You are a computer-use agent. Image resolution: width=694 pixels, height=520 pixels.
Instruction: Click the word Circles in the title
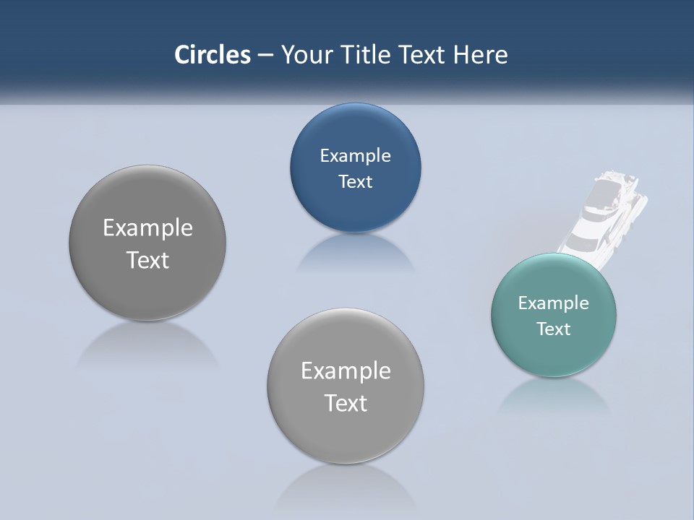tap(213, 55)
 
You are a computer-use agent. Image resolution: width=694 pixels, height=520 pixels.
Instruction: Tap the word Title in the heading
tap(368, 55)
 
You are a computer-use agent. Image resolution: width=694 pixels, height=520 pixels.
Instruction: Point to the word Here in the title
tap(480, 55)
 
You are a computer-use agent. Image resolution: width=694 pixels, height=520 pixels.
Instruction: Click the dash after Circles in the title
tap(265, 56)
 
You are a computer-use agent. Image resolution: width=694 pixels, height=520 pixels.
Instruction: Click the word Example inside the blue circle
tap(355, 155)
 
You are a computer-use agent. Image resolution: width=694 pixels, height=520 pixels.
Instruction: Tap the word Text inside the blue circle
tap(355, 181)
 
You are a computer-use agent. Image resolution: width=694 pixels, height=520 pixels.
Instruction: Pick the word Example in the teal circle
tap(554, 303)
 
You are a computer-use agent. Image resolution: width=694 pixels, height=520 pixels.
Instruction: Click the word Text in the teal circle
tap(554, 329)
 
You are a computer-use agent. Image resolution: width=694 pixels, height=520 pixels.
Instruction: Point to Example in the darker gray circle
tap(147, 227)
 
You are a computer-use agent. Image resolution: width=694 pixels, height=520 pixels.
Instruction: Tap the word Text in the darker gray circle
tap(147, 260)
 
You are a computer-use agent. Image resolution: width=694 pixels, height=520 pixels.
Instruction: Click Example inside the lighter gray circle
tap(346, 370)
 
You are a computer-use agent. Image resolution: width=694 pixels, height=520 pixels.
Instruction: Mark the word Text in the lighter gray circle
tap(346, 403)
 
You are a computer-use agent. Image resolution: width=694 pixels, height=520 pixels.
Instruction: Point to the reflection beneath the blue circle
tap(355, 253)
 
